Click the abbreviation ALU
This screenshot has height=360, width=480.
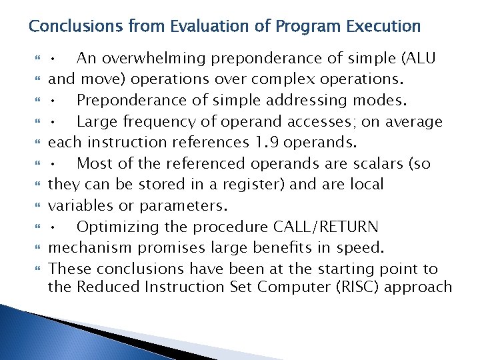click(418, 58)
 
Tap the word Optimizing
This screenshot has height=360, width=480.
click(115, 227)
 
